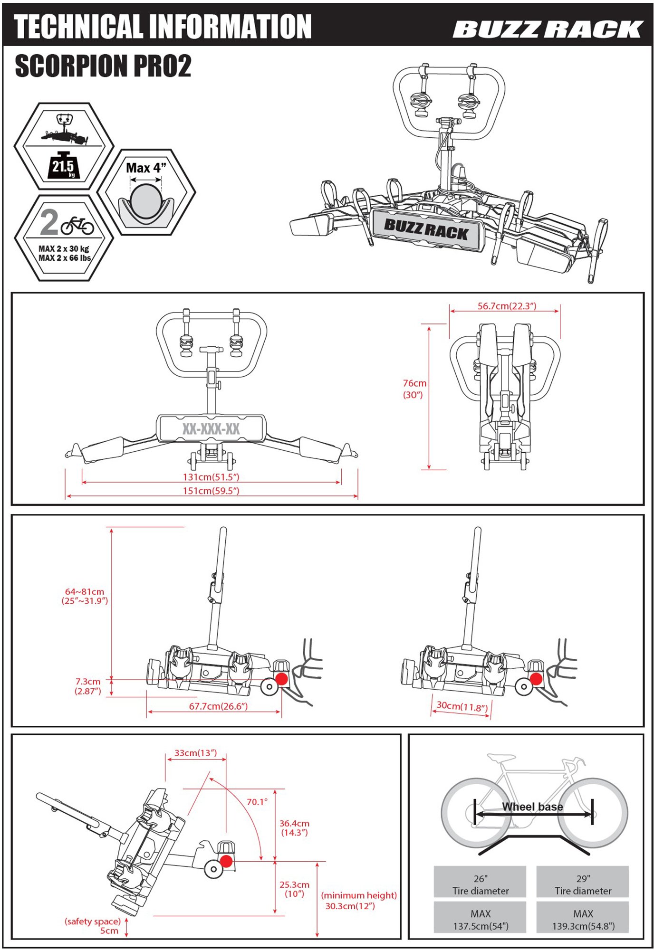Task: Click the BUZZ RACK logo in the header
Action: click(548, 29)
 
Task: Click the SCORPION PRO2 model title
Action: click(103, 66)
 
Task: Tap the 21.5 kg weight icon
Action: click(63, 166)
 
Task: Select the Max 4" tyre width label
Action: click(146, 168)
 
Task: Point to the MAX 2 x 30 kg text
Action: click(64, 248)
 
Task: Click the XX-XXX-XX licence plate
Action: click(211, 429)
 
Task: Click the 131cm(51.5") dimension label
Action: click(211, 477)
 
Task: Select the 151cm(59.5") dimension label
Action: click(211, 491)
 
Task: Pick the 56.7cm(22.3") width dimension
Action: click(507, 306)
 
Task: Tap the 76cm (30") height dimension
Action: click(414, 389)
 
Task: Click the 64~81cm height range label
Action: click(85, 596)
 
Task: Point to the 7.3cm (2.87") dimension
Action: click(88, 686)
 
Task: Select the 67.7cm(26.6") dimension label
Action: click(218, 706)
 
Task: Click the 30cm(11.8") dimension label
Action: click(462, 706)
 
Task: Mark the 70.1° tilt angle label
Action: click(257, 802)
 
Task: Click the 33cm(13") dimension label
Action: click(195, 753)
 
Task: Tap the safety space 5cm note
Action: click(93, 926)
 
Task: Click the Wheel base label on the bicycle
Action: click(532, 807)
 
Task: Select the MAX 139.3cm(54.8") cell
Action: click(583, 920)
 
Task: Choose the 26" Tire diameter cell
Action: click(480, 884)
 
